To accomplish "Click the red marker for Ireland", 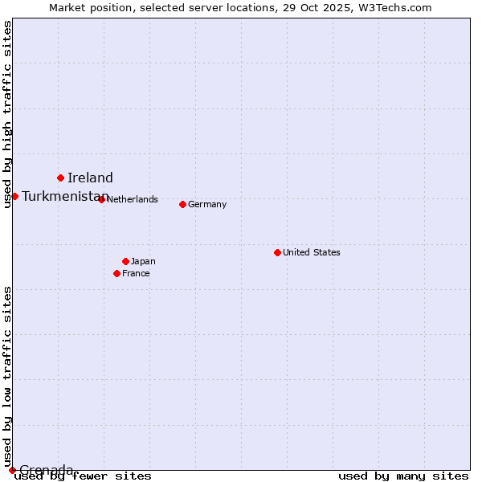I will coord(60,178).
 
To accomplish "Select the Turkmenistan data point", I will coord(14,196).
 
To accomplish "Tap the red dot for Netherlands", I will coord(101,199).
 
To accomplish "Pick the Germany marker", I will coord(182,204).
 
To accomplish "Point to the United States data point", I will coord(277,252).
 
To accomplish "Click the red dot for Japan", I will coord(125,261).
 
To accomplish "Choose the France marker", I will coord(116,273).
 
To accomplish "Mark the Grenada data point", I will coord(12,470).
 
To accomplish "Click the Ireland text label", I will coord(90,178).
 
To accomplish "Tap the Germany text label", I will coord(207,204).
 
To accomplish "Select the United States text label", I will coord(312,252).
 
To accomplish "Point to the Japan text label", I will coord(143,261).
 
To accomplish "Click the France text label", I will coord(136,273).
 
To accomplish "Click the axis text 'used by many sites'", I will coord(403,476).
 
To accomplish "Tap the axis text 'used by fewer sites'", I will coord(84,476).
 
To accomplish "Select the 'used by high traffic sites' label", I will coord(7,114).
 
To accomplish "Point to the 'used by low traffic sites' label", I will coord(7,376).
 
